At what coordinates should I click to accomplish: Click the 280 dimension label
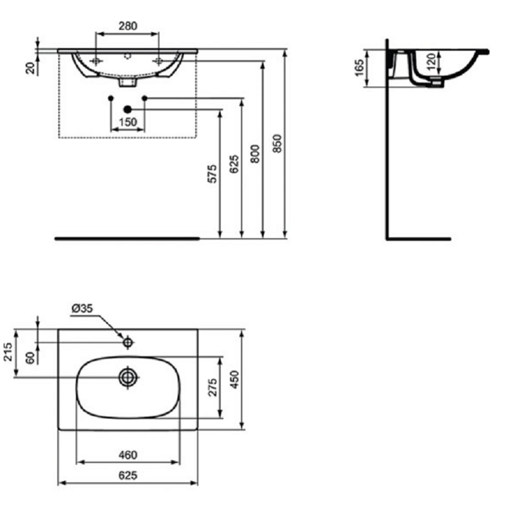coord(128,26)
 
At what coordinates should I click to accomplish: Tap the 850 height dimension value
coord(277,144)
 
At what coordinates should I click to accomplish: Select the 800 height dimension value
coord(256,154)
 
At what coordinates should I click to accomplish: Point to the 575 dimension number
coord(212,174)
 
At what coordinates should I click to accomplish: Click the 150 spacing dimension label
coord(128,122)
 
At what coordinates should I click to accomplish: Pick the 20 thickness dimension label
coord(30,68)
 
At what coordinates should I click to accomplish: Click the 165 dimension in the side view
coord(359,68)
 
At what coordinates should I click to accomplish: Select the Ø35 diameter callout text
coord(82,309)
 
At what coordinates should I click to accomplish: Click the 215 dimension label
coord(7,352)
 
